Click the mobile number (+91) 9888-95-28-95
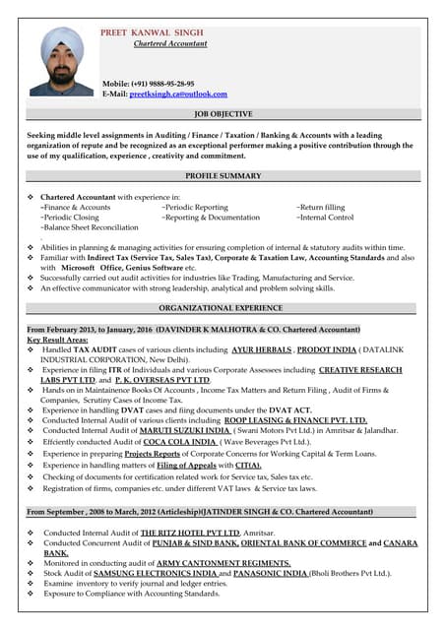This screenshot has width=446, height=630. [162, 84]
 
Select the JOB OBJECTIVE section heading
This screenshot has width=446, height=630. [223, 115]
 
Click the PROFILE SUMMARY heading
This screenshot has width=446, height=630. [223, 176]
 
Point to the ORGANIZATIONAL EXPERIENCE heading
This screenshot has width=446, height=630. [223, 307]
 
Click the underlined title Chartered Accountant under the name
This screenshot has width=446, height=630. [170, 44]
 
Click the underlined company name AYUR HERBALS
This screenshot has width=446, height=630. [261, 349]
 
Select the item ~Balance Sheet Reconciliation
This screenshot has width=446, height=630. [90, 227]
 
